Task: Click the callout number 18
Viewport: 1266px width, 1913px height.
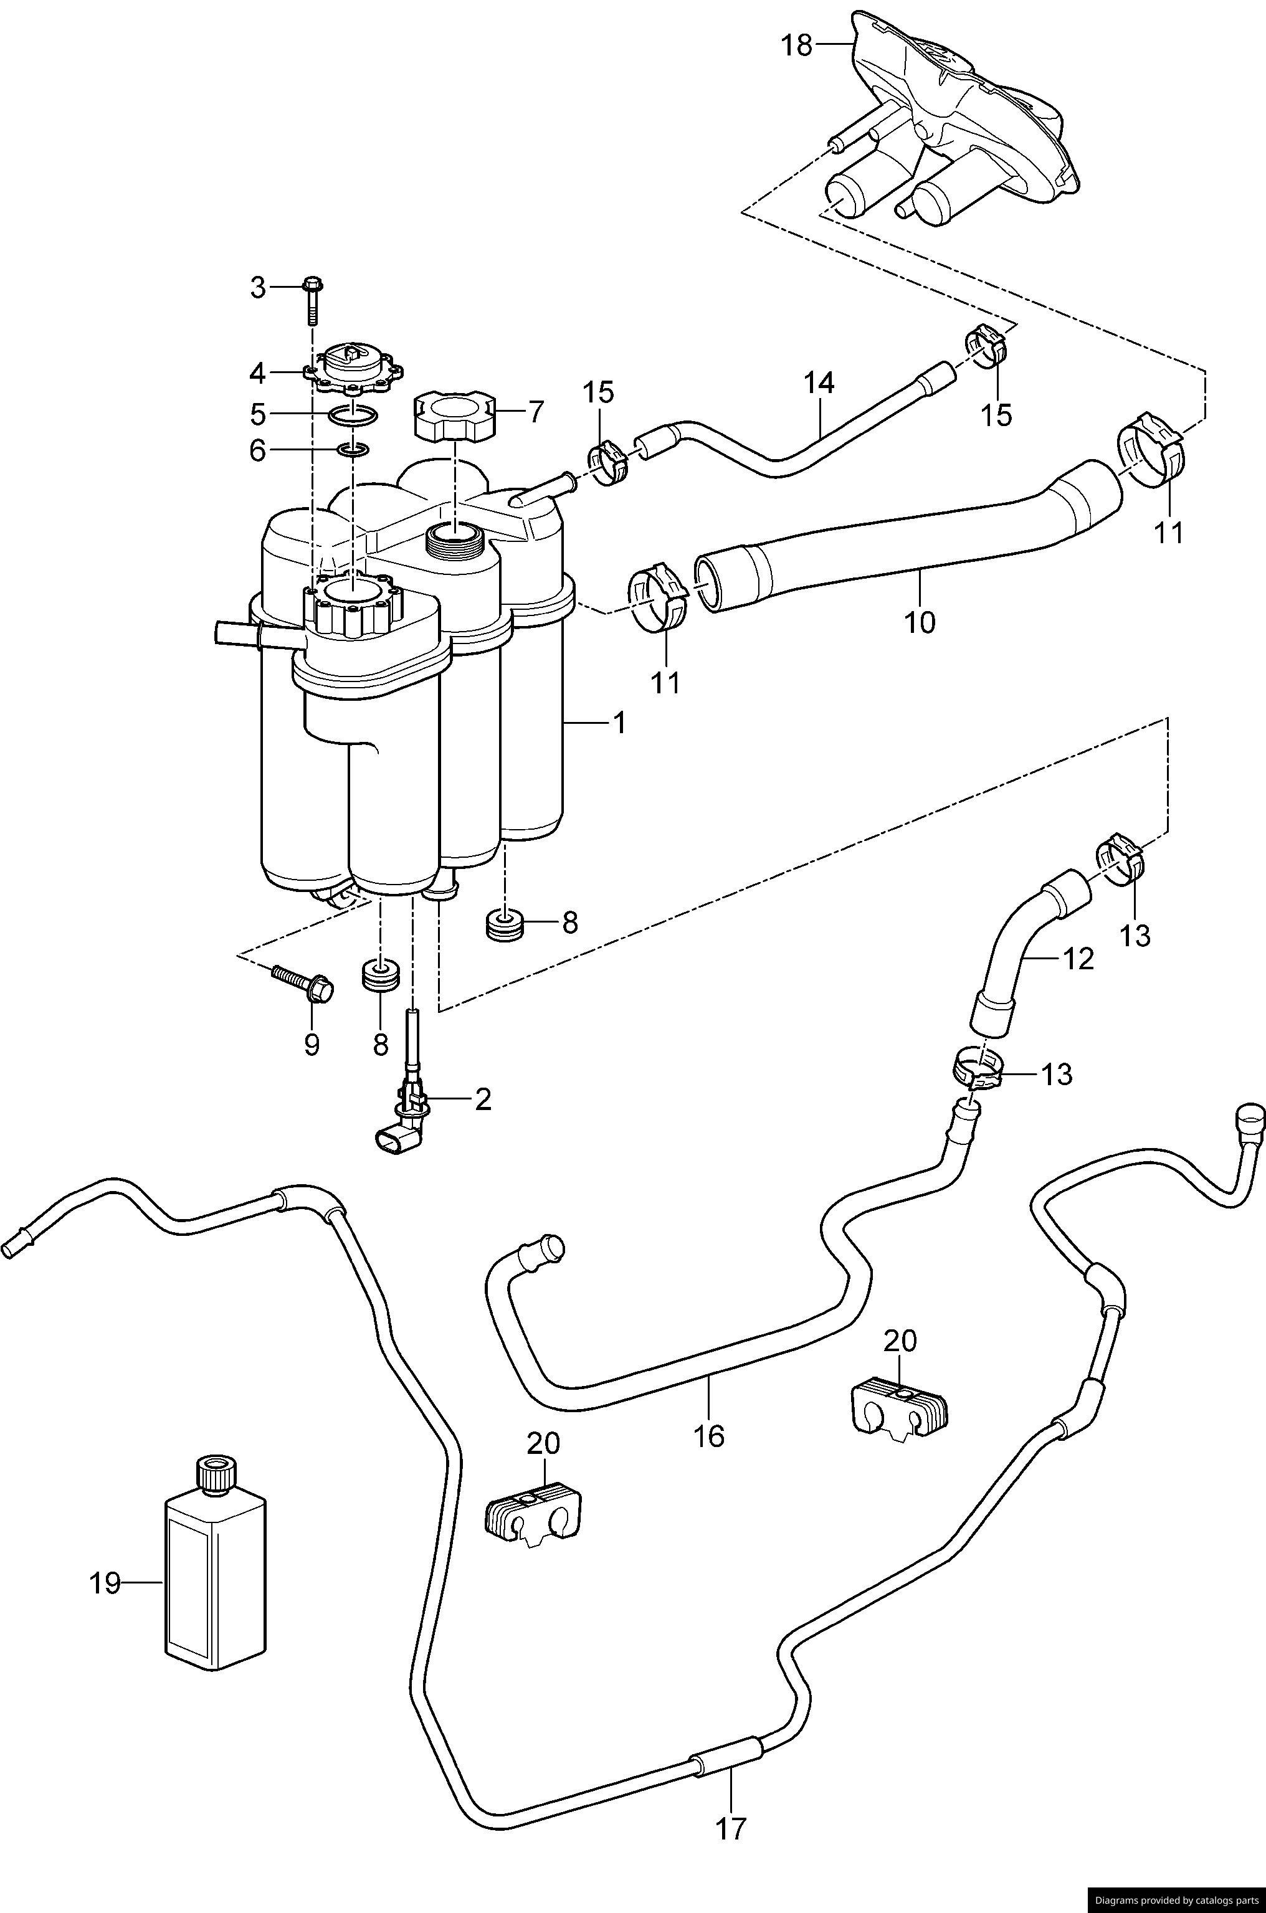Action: [797, 45]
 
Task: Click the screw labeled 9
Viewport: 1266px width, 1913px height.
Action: [303, 982]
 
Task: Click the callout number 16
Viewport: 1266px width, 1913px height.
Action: [710, 1435]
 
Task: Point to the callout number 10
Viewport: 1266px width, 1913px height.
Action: [920, 622]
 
